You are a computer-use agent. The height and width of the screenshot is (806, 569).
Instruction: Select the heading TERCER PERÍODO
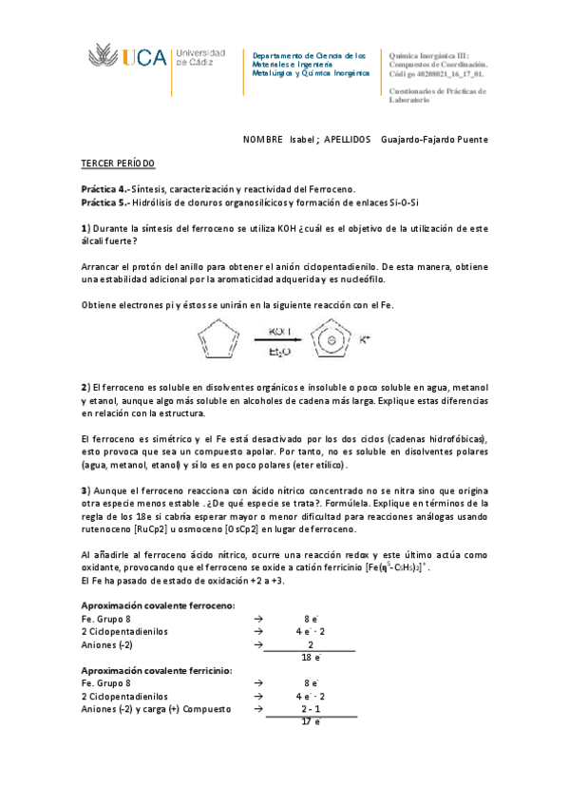click(x=117, y=164)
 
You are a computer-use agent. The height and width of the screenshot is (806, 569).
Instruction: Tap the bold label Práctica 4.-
click(x=104, y=189)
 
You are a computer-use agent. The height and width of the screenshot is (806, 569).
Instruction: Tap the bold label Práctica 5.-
click(x=104, y=202)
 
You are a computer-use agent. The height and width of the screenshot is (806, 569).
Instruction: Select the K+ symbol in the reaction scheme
click(x=365, y=335)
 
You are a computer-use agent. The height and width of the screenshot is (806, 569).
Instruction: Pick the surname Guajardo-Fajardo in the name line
click(x=417, y=140)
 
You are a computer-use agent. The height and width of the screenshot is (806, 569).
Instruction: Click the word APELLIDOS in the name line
click(x=348, y=140)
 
